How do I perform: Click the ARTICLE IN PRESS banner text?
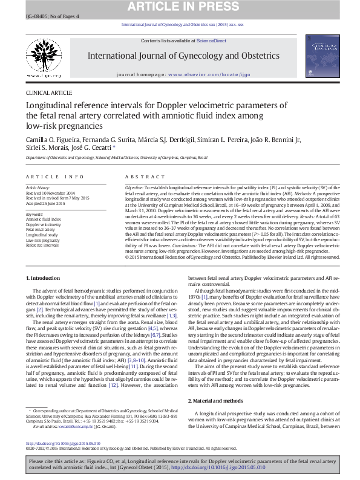pos(180,7)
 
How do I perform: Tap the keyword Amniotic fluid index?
pos(41,219)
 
